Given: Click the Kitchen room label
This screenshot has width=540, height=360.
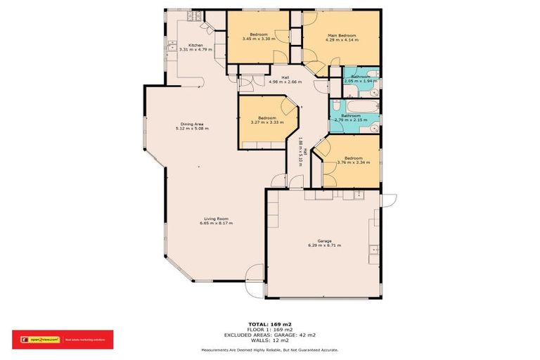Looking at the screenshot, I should click(186, 45).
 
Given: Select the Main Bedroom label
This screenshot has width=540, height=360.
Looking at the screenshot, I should click(342, 35).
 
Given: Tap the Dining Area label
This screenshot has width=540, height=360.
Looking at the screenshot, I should click(192, 123).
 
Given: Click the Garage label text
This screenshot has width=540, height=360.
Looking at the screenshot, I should click(324, 241).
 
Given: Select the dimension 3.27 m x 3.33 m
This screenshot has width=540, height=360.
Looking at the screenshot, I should click(266, 122).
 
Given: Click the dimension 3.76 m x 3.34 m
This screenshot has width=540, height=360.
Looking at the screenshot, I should click(353, 162).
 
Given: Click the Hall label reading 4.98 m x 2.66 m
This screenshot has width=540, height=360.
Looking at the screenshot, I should click(284, 82).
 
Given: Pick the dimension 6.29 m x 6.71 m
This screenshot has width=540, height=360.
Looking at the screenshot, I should click(324, 246).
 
